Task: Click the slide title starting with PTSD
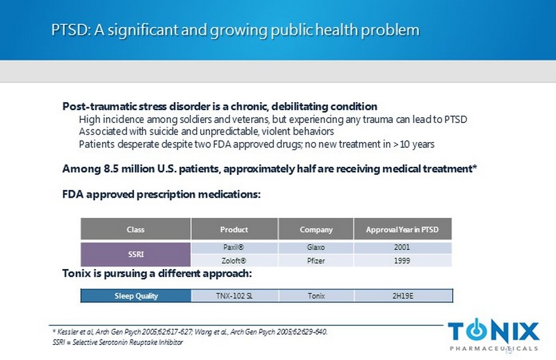235,30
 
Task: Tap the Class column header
135,229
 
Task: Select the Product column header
234,229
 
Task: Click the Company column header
316,229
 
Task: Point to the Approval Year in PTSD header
402,229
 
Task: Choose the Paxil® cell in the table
234,247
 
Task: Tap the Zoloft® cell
234,260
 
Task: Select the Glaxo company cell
316,247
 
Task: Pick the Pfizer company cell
316,260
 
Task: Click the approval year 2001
402,247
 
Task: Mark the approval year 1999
402,260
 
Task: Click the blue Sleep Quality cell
135,295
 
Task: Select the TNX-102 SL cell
234,295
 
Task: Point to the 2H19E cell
402,295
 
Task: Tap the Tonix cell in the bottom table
316,295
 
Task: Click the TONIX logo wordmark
494,331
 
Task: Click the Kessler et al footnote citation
190,332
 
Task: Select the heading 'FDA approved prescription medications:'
162,194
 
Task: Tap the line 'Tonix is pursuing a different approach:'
157,273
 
